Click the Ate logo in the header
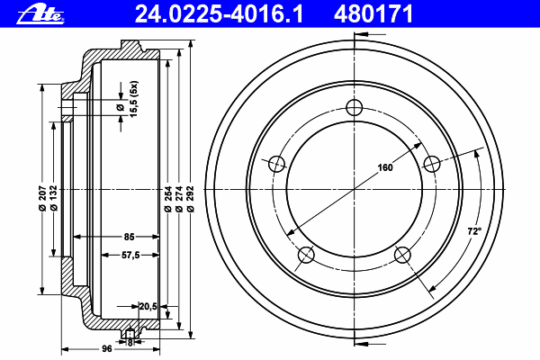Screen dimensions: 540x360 pyautogui.click(x=40, y=14)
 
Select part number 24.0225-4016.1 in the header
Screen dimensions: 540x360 pyautogui.click(x=219, y=14)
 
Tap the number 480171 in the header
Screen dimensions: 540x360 pyautogui.click(x=373, y=14)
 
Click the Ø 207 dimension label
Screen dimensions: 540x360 pyautogui.click(x=42, y=198)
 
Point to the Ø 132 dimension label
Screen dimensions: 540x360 pyautogui.click(x=53, y=198)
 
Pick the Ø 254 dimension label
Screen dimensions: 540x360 pyautogui.click(x=167, y=199)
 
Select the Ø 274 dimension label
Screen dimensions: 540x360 pyautogui.click(x=179, y=199)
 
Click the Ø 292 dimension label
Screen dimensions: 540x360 pyautogui.click(x=191, y=199)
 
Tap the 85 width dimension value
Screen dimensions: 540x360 pyautogui.click(x=129, y=237)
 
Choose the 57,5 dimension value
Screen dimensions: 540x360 pyautogui.click(x=130, y=256)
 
